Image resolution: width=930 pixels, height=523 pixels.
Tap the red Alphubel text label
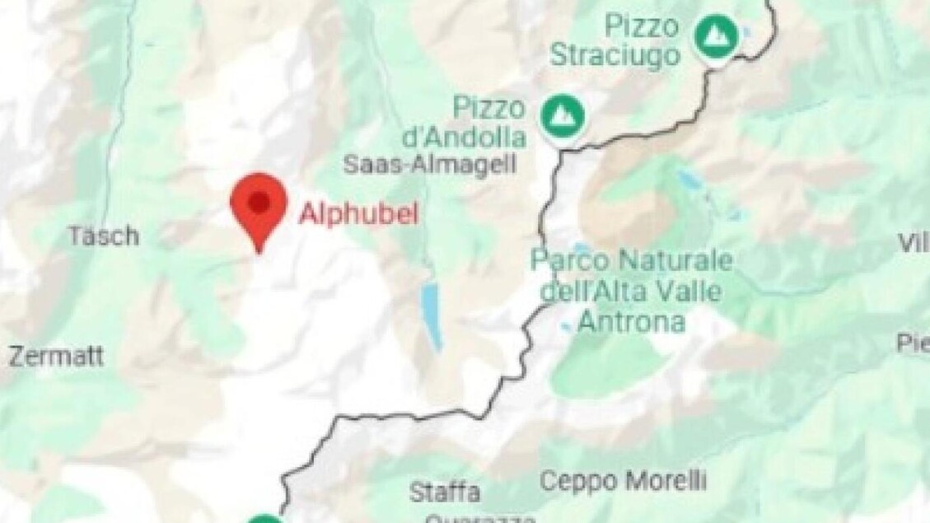358,214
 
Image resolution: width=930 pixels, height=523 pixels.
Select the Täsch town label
103,237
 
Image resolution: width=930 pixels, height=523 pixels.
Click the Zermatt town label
56,357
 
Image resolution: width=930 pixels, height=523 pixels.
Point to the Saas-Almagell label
429,164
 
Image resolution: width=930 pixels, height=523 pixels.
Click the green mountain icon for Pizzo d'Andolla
563,116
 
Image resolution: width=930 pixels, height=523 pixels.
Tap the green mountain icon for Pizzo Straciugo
715,35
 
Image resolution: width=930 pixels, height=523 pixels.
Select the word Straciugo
615,56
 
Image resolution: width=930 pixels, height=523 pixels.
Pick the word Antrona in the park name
632,322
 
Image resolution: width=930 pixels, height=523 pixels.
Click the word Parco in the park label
570,261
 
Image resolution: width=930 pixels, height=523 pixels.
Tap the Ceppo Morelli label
623,479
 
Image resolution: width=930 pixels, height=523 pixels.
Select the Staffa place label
445,493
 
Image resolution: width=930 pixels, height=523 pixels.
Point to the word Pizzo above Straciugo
642,26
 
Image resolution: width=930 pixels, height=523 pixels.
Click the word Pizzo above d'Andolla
488,107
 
